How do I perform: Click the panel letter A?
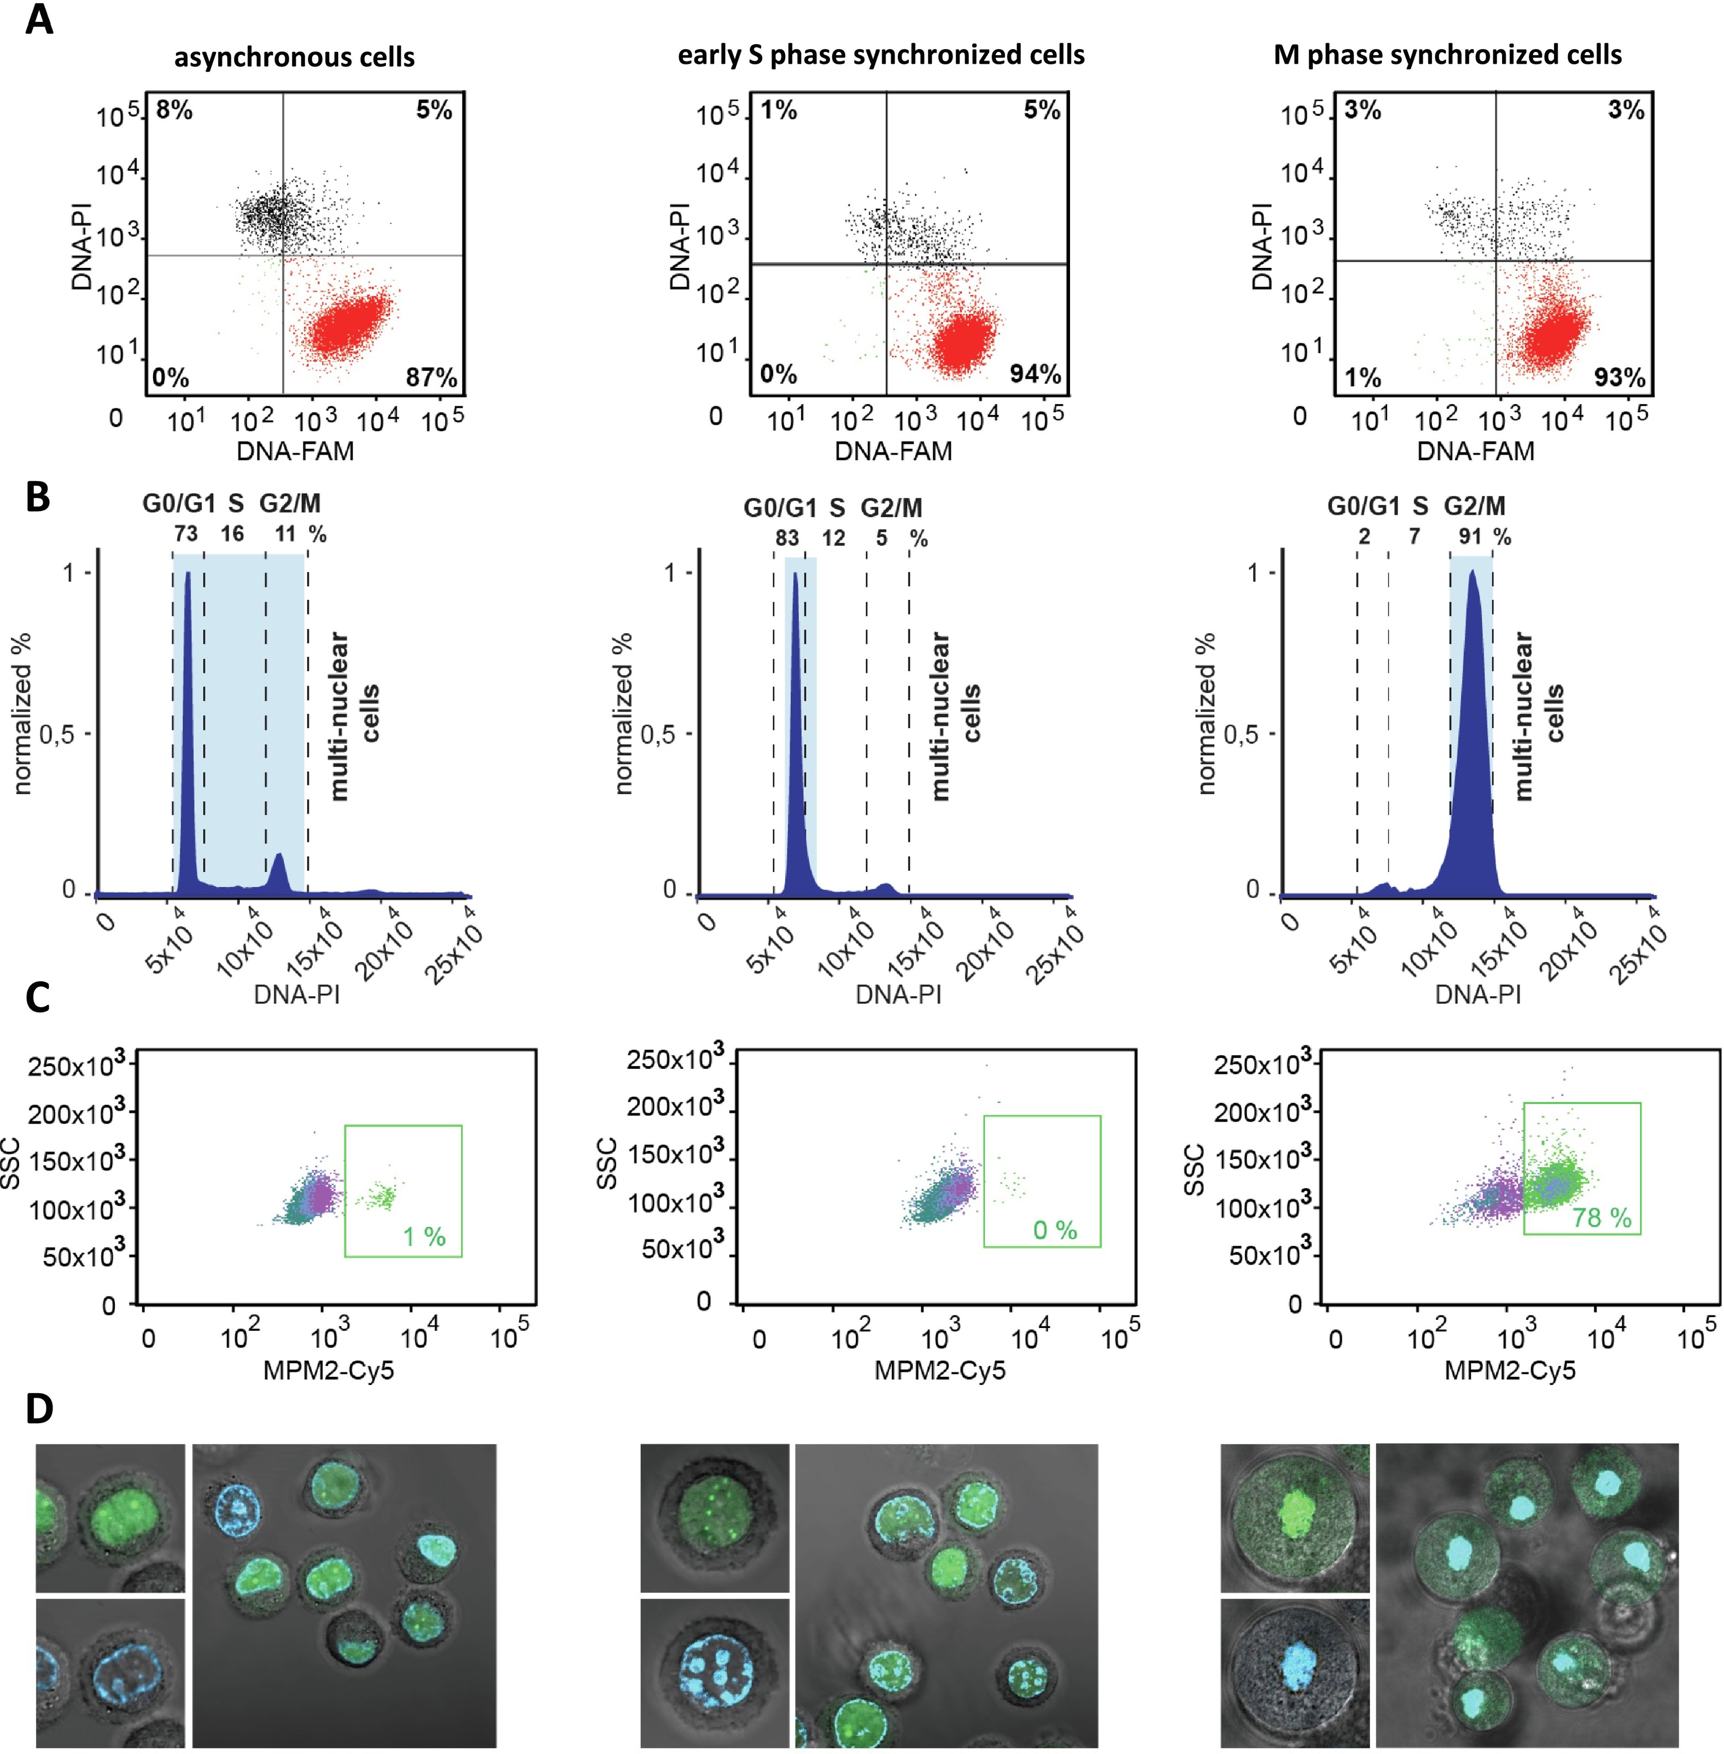tap(38, 20)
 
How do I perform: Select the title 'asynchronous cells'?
tap(294, 57)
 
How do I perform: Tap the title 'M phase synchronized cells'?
tap(1447, 55)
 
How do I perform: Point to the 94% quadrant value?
tap(1035, 374)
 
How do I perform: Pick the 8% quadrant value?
tap(174, 110)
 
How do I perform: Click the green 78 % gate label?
tap(1602, 1218)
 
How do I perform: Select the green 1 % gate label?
tap(424, 1237)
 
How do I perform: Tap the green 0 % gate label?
tap(1055, 1230)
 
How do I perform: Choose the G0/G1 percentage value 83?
tap(787, 539)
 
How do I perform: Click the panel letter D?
tap(39, 1408)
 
